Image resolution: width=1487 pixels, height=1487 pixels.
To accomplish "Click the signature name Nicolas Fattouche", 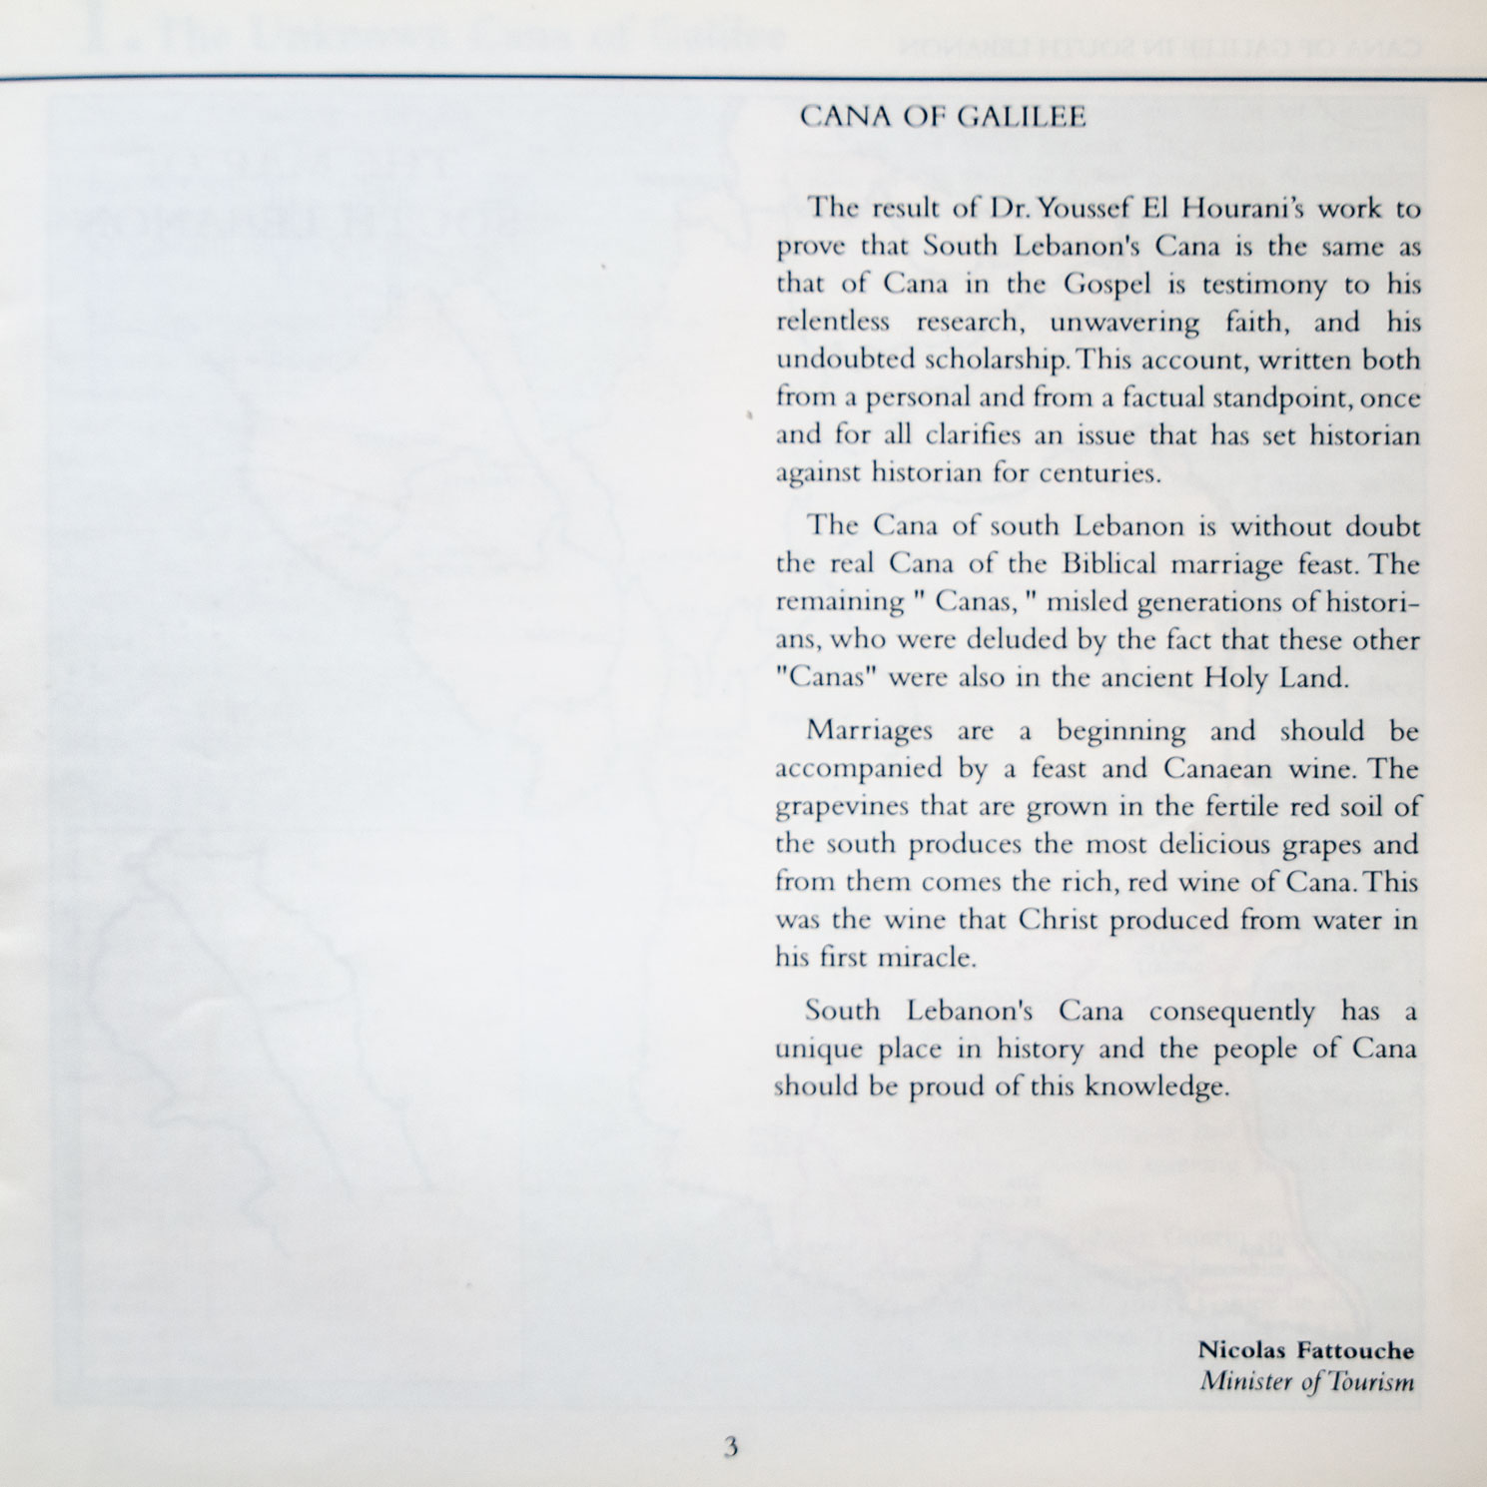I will pos(1305,1351).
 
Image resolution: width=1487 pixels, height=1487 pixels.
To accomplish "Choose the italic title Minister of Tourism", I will pos(1306,1383).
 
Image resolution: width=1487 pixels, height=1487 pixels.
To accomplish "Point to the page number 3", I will pos(731,1445).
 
